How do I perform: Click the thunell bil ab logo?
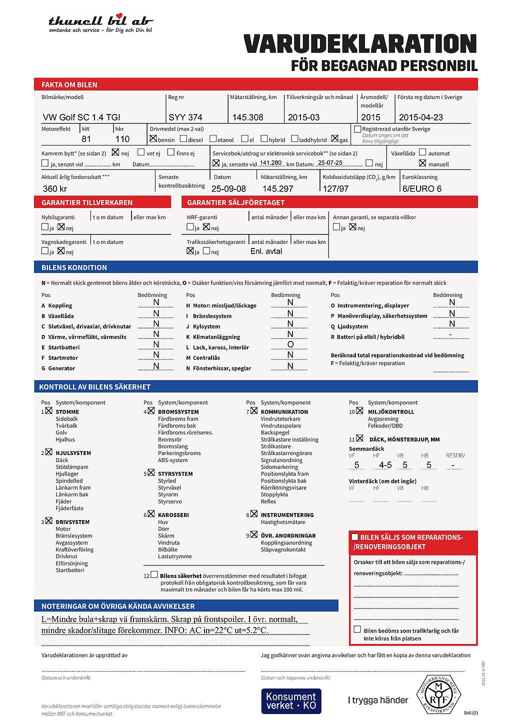click(x=100, y=23)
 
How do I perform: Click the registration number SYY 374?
click(x=185, y=117)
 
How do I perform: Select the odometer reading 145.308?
click(x=247, y=117)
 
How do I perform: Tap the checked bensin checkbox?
click(x=153, y=138)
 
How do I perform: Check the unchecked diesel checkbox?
click(x=183, y=138)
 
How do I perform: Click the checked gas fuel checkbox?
click(x=334, y=138)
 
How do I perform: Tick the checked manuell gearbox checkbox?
click(x=422, y=163)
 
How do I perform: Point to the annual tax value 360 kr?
click(x=55, y=188)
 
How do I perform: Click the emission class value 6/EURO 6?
click(x=422, y=188)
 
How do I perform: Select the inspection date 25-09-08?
click(x=228, y=188)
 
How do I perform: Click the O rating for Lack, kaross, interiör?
click(x=290, y=344)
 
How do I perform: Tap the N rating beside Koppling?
click(x=156, y=302)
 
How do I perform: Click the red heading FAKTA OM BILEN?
click(x=69, y=84)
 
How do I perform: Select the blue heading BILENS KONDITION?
click(x=74, y=267)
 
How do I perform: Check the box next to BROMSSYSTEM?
click(x=151, y=411)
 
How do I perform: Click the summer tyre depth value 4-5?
click(x=385, y=465)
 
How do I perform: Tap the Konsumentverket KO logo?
click(x=291, y=701)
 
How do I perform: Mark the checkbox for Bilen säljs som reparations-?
click(x=355, y=537)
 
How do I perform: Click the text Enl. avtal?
click(x=266, y=251)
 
